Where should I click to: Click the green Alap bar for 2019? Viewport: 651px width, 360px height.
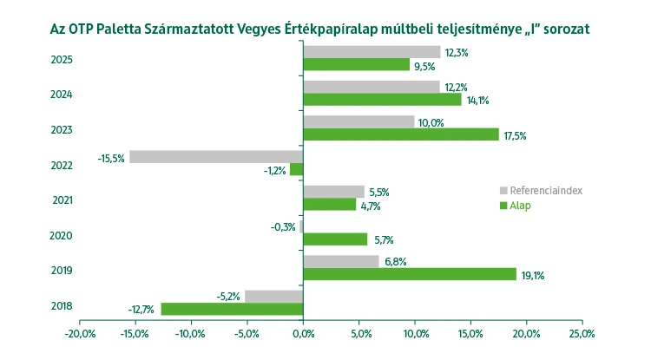(x=410, y=274)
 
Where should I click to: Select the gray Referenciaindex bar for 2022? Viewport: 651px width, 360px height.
(x=216, y=157)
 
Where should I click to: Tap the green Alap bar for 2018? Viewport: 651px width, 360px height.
(x=233, y=309)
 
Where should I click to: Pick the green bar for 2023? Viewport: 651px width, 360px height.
(x=401, y=134)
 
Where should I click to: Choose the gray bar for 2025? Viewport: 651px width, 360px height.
(x=372, y=52)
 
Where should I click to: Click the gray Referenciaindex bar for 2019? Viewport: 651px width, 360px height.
(x=341, y=261)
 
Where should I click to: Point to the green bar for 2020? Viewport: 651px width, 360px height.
(x=335, y=239)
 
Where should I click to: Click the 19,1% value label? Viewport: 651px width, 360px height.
(x=533, y=275)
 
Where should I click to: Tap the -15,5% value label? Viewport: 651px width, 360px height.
(x=111, y=157)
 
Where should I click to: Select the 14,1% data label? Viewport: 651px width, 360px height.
(x=477, y=101)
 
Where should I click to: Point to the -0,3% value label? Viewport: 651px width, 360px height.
(x=284, y=227)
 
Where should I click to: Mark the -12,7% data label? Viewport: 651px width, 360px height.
(x=142, y=310)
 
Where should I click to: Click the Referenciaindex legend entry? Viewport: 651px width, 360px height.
(x=543, y=191)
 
